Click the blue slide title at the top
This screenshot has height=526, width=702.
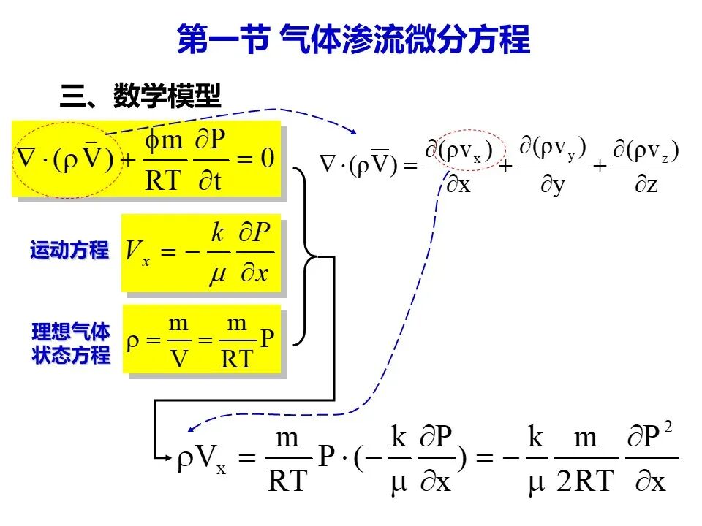tap(354, 39)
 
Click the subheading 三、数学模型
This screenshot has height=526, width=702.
tap(140, 95)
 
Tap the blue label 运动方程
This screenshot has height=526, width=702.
tap(69, 250)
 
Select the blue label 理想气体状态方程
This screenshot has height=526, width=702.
tap(71, 343)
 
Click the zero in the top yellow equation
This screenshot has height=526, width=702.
tap(268, 159)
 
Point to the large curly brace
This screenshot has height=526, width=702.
tap(306, 256)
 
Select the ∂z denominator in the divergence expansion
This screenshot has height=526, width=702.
tap(646, 184)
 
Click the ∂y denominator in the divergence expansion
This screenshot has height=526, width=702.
tap(553, 185)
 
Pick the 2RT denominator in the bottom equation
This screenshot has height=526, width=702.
tap(586, 481)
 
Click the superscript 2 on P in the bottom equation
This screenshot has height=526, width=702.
tap(668, 427)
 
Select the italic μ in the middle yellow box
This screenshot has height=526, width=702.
tap(218, 273)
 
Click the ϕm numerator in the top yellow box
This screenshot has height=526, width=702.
tap(164, 140)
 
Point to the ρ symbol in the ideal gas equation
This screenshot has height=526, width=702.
tap(133, 342)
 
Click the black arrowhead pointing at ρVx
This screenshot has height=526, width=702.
tap(168, 457)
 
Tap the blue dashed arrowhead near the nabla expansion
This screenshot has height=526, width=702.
tap(354, 131)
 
